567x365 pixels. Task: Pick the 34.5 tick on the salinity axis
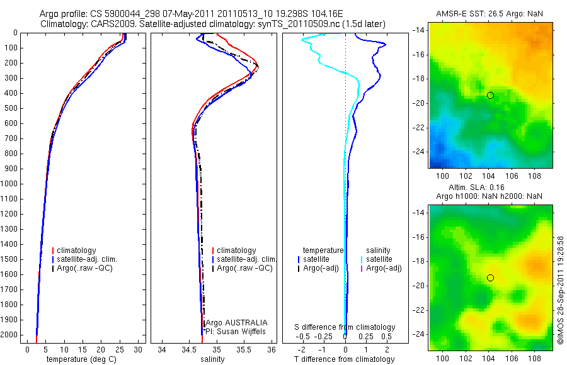[x=189, y=349]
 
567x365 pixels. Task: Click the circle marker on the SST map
[x=490, y=95]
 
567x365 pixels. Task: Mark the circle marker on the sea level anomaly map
[x=490, y=278]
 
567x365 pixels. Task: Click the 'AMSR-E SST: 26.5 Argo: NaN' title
[x=490, y=14]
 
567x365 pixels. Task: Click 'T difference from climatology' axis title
[x=345, y=359]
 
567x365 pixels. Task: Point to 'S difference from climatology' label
[x=345, y=327]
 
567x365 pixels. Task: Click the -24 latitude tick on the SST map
[x=418, y=152]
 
